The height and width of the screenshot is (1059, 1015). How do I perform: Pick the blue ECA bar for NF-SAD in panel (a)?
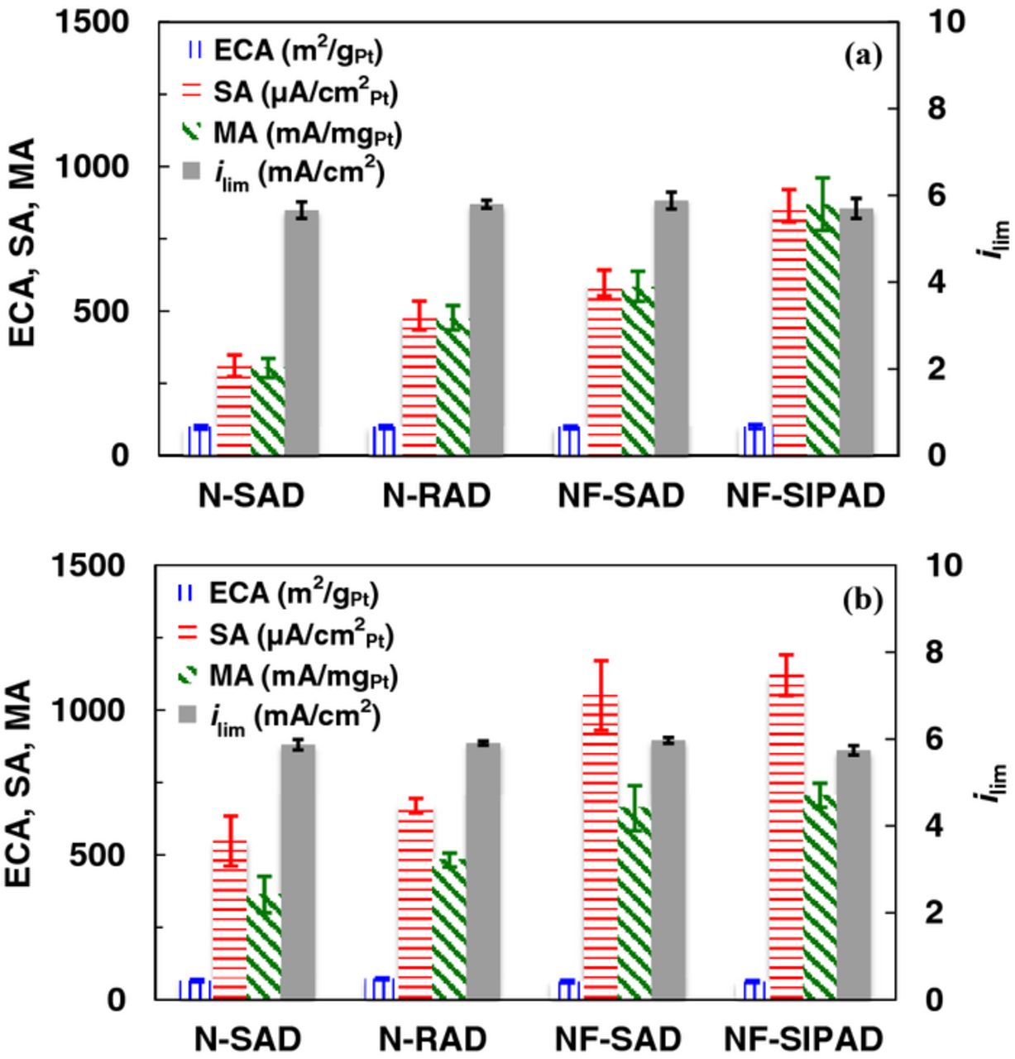click(569, 441)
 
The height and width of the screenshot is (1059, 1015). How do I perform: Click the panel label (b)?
click(864, 599)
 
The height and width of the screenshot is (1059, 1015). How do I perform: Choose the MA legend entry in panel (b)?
click(281, 678)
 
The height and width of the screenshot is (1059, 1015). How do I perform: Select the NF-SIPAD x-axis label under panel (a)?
click(806, 496)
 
